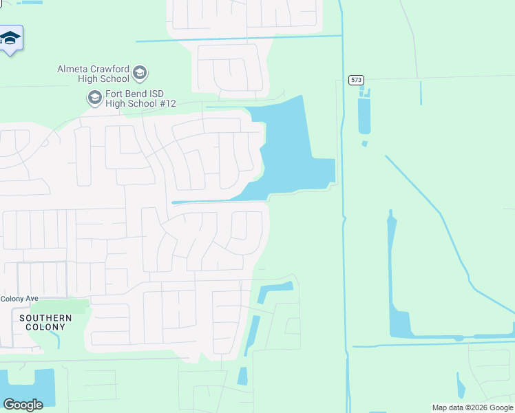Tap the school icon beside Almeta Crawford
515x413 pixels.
pos(140,73)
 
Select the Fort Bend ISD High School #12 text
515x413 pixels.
pos(140,103)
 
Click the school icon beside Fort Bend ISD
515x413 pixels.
pos(94,99)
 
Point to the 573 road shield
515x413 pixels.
pos(356,80)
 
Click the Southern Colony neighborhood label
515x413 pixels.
pos(46,322)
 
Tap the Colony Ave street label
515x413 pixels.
pos(19,299)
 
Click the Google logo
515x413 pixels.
pos(23,404)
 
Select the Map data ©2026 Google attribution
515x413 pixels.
pos(472,407)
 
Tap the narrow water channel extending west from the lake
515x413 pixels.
pos(207,202)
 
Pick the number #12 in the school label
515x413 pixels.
pos(167,103)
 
